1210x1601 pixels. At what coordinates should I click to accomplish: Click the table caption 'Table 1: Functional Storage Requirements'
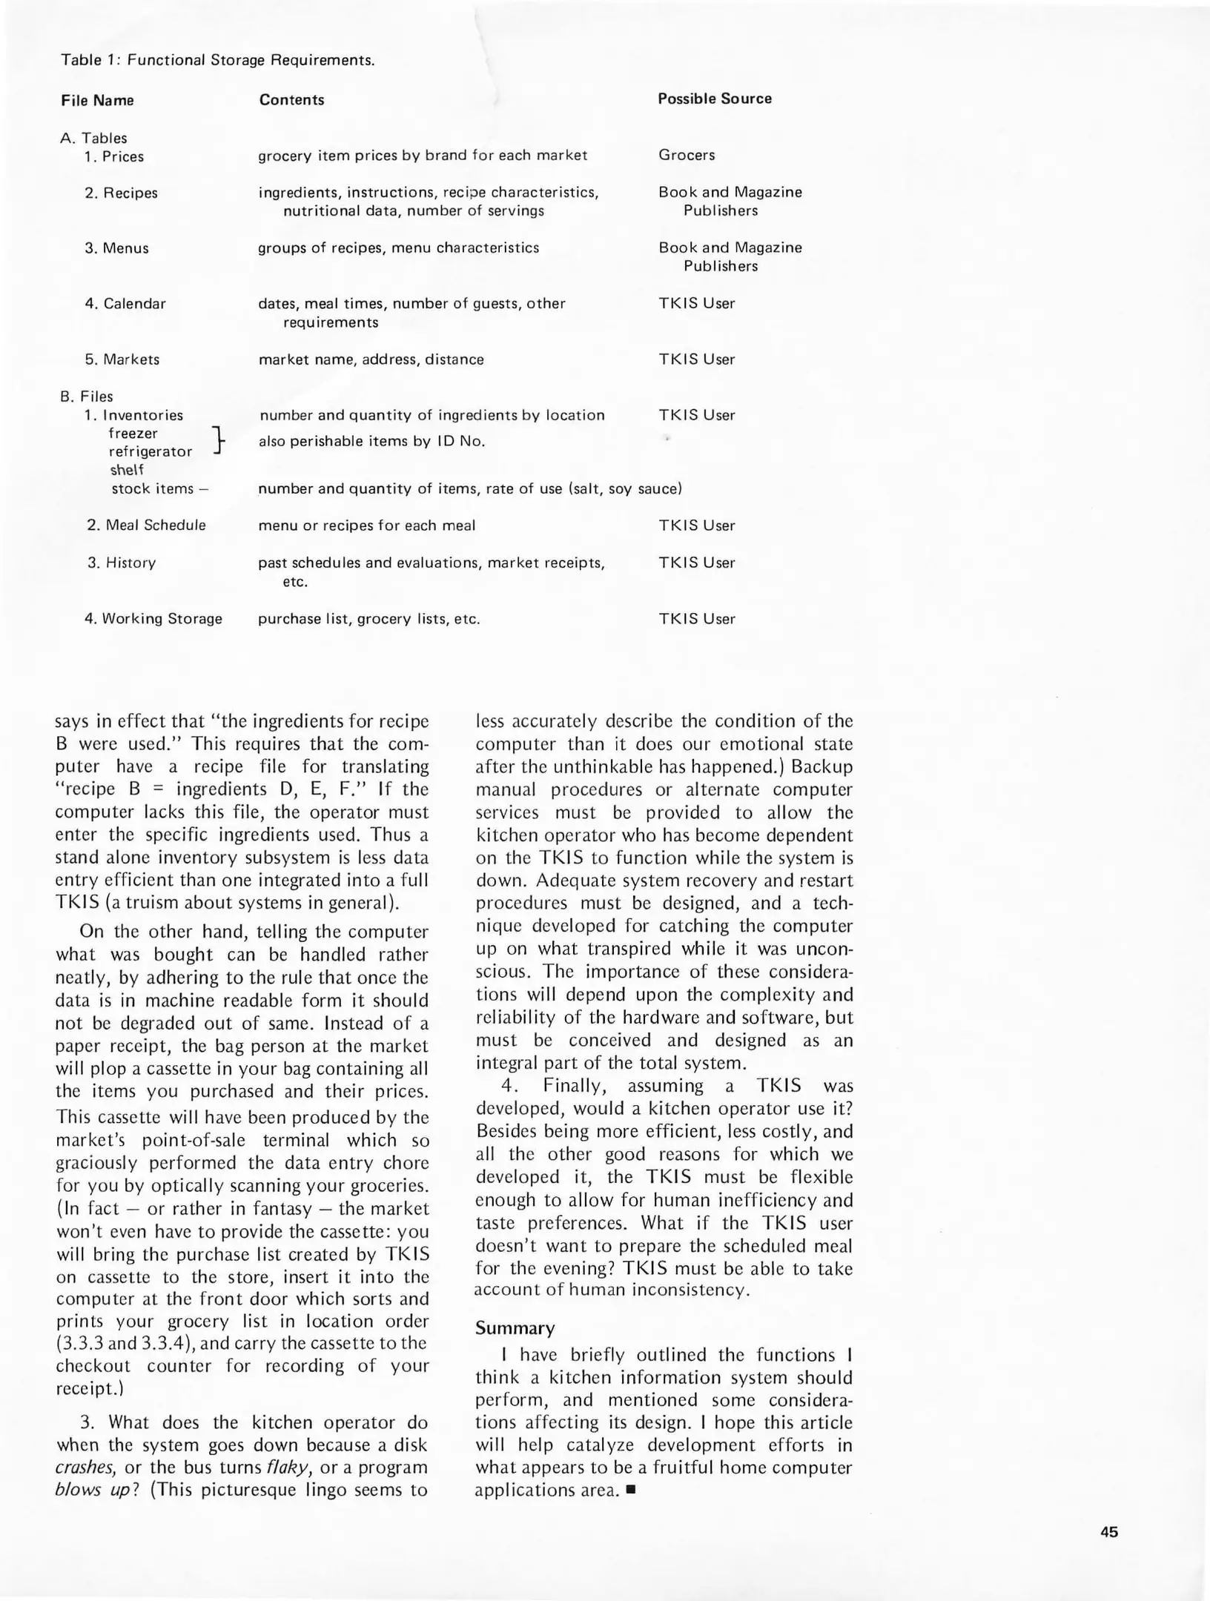(x=217, y=60)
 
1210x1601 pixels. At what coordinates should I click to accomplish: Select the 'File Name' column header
(x=97, y=101)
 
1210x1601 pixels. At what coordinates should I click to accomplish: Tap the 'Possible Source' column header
(x=714, y=99)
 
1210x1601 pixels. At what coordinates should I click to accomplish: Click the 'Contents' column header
(x=291, y=100)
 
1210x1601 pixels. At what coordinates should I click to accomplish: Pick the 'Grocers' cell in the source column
(x=686, y=155)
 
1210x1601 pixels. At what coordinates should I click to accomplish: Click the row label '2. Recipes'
(x=121, y=193)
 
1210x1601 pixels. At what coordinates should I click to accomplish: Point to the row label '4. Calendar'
(x=125, y=303)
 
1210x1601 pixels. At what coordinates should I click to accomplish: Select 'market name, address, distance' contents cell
(x=371, y=359)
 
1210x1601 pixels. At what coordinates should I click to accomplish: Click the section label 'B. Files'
(x=86, y=397)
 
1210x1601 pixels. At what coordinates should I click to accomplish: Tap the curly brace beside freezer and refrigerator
(x=217, y=440)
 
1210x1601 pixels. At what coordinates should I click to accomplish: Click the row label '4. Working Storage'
(x=153, y=618)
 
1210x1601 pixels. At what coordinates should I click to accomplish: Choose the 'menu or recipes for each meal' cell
(x=366, y=526)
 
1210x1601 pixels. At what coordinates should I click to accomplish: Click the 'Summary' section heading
(x=515, y=1327)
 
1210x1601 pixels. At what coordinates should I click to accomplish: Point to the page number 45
(x=1109, y=1532)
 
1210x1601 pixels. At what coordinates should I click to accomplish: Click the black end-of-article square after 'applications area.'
(x=631, y=1491)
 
